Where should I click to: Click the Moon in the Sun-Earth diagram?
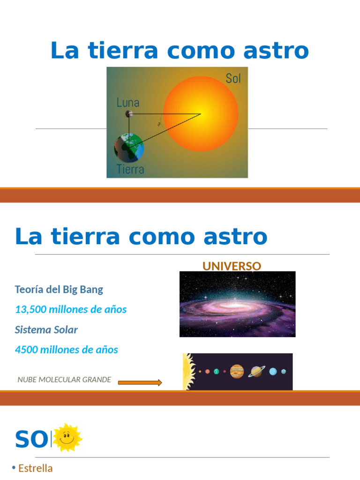click(x=129, y=113)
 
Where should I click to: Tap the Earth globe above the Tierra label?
click(x=129, y=148)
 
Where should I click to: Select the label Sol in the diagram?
click(x=233, y=79)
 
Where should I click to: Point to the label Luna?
click(x=128, y=102)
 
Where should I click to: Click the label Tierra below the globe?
click(x=130, y=169)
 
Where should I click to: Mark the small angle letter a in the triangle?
click(x=159, y=124)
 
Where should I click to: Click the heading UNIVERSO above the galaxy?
click(x=232, y=266)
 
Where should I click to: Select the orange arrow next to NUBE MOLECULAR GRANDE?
click(x=140, y=382)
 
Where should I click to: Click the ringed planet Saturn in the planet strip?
click(x=256, y=371)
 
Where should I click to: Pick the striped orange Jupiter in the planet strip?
click(x=237, y=371)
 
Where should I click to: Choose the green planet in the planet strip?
click(x=216, y=371)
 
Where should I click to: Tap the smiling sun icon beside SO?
click(x=67, y=437)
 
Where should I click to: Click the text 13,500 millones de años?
click(x=71, y=309)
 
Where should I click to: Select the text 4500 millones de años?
click(x=67, y=350)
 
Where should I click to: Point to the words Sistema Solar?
click(x=46, y=330)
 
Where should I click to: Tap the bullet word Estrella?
click(x=35, y=468)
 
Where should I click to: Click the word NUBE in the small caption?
click(x=27, y=380)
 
